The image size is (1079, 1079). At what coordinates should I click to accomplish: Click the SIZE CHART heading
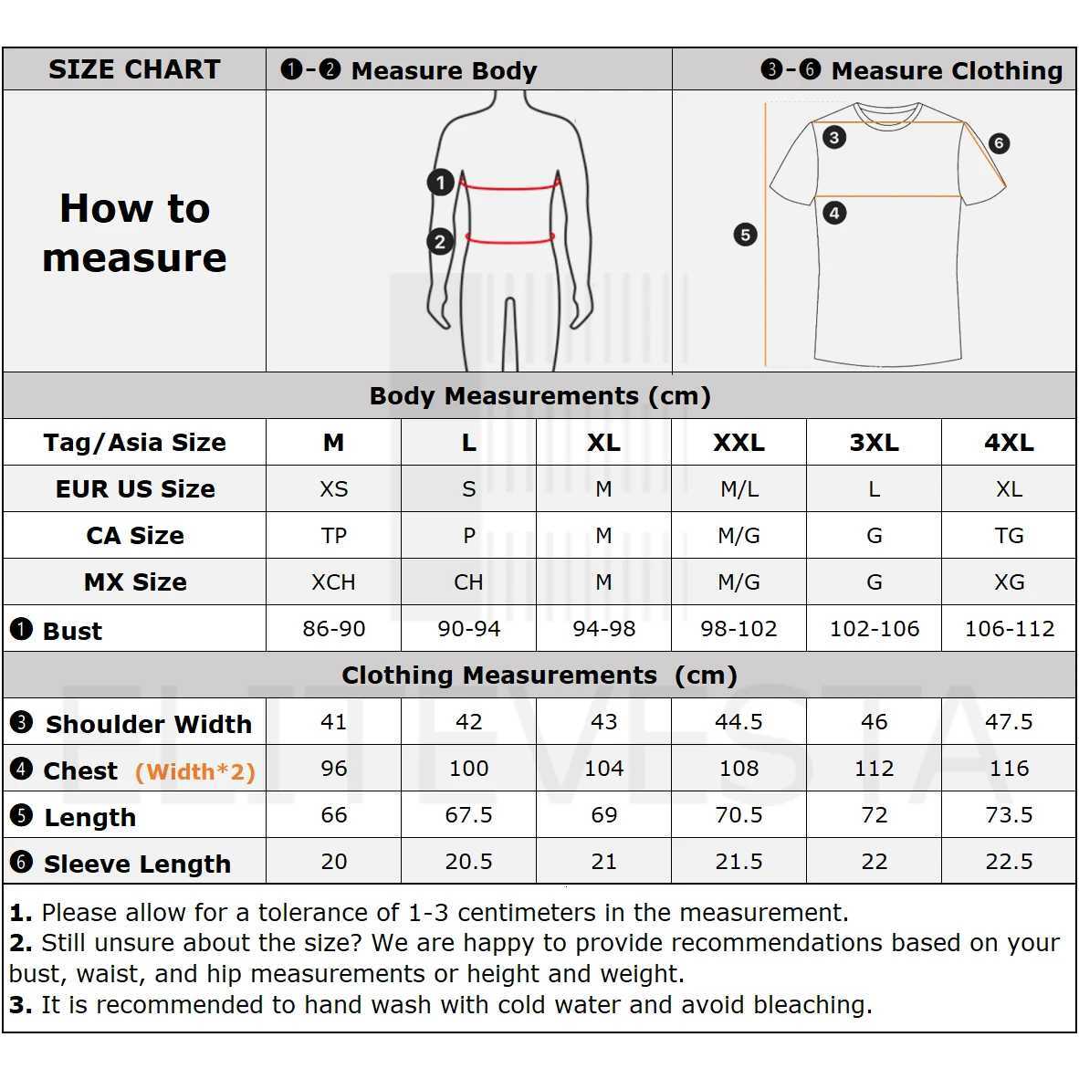(x=134, y=69)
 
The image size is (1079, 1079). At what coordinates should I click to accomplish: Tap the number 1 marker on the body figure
(x=441, y=183)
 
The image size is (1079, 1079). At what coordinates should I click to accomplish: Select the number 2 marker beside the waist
(x=440, y=242)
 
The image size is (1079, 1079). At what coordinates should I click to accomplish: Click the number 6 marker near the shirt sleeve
(x=999, y=143)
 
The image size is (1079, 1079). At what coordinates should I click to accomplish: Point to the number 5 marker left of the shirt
(x=745, y=235)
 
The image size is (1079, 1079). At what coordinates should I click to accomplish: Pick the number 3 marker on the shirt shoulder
(x=833, y=138)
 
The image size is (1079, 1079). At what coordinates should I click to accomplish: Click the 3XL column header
(x=874, y=443)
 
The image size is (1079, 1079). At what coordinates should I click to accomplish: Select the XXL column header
(x=739, y=443)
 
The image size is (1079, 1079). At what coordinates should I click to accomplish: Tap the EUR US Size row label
(x=135, y=489)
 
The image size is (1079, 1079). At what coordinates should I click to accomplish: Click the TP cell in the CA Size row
(x=333, y=536)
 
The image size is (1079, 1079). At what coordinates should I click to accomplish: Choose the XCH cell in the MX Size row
(x=333, y=582)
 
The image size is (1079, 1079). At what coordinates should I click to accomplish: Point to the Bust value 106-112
(x=1009, y=629)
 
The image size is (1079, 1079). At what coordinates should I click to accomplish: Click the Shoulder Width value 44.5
(x=739, y=722)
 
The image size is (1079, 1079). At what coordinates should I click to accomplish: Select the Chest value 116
(x=1009, y=769)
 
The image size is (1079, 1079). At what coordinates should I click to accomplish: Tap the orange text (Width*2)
(x=194, y=772)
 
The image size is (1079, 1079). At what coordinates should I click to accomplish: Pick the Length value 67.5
(x=468, y=815)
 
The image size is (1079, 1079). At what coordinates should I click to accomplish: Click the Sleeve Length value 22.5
(x=1009, y=862)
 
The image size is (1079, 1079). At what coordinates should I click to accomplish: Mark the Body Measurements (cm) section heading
(x=539, y=396)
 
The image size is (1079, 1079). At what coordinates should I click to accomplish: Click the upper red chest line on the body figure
(x=508, y=188)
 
